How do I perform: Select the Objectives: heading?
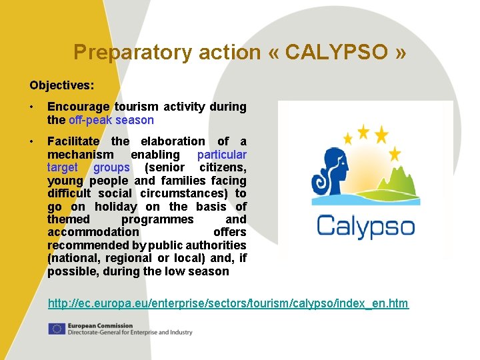click(61, 85)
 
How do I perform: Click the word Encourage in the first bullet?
click(77, 107)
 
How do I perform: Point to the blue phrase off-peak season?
click(111, 120)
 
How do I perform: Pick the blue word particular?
click(221, 154)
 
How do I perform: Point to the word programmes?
click(157, 219)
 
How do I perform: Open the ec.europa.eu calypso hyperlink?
click(228, 304)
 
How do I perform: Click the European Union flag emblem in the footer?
click(56, 329)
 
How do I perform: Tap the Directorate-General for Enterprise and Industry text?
click(129, 332)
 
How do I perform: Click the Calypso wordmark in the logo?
click(365, 225)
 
